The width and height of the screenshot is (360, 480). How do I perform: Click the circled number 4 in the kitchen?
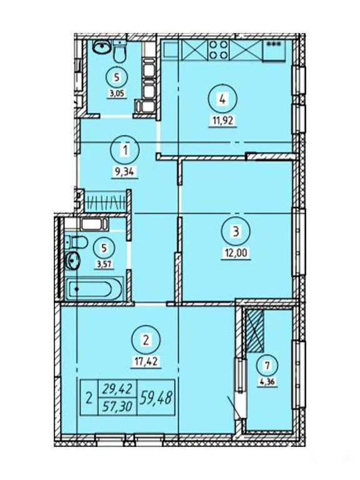pyautogui.click(x=222, y=99)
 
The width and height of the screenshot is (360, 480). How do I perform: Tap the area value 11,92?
pyautogui.click(x=223, y=120)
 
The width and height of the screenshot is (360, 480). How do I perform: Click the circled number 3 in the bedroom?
pyautogui.click(x=236, y=231)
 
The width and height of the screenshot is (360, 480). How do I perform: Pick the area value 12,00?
pyautogui.click(x=236, y=253)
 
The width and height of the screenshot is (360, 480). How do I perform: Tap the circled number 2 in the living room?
pyautogui.click(x=146, y=340)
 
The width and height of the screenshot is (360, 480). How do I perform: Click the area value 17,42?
pyautogui.click(x=146, y=362)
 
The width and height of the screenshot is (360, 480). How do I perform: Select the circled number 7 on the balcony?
pyautogui.click(x=267, y=366)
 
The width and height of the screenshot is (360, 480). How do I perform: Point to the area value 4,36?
pyautogui.click(x=267, y=381)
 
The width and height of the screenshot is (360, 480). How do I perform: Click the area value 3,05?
pyautogui.click(x=116, y=93)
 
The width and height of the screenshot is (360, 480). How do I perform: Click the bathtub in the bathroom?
pyautogui.click(x=94, y=288)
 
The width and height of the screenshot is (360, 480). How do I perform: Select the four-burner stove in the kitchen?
pyautogui.click(x=218, y=49)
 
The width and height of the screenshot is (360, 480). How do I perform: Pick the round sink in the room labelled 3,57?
pyautogui.click(x=72, y=261)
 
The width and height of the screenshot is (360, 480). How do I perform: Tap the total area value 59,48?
pyautogui.click(x=155, y=398)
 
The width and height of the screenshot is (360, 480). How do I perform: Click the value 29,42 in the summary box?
pyautogui.click(x=118, y=389)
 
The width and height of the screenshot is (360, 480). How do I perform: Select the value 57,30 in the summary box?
pyautogui.click(x=118, y=406)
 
